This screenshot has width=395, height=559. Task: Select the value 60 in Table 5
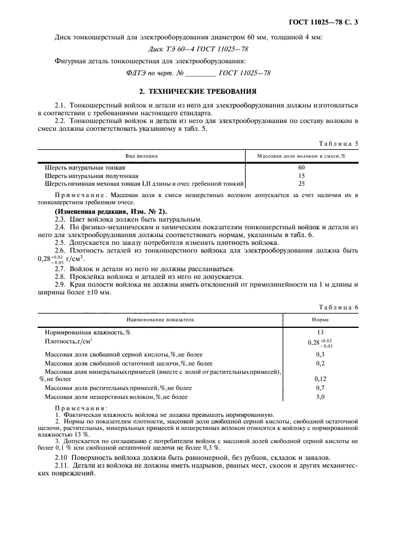pyautogui.click(x=302, y=168)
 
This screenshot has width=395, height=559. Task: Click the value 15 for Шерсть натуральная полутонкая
pyautogui.click(x=302, y=176)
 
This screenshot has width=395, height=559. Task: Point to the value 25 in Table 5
pyautogui.click(x=302, y=183)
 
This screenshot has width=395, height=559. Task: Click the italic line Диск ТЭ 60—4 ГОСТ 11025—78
pyautogui.click(x=197, y=50)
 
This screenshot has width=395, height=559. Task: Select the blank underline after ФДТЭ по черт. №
pyautogui.click(x=198, y=73)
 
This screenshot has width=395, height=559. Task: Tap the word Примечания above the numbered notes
pyautogui.click(x=77, y=408)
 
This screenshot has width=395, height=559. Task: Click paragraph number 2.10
pyautogui.click(x=62, y=457)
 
